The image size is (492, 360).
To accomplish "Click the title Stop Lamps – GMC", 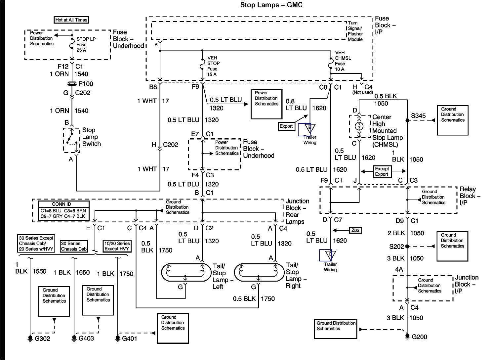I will click(271, 5).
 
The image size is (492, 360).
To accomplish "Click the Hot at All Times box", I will click(71, 20).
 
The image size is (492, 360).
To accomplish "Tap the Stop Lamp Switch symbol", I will click(72, 140).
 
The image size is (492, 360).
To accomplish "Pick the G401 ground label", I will click(129, 338).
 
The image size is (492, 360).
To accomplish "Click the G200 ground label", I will click(420, 337).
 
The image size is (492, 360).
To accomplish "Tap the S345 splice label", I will click(418, 116).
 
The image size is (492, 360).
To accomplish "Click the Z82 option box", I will click(355, 230).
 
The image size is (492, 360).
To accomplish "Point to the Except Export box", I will click(382, 171).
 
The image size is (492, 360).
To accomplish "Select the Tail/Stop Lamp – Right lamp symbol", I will click(259, 272).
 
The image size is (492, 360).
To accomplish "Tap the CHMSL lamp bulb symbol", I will click(359, 126).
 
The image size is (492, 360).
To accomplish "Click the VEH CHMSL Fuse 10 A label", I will click(343, 61).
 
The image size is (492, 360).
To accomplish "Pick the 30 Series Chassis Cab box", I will click(74, 246).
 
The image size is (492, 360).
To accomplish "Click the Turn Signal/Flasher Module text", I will click(355, 31).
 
